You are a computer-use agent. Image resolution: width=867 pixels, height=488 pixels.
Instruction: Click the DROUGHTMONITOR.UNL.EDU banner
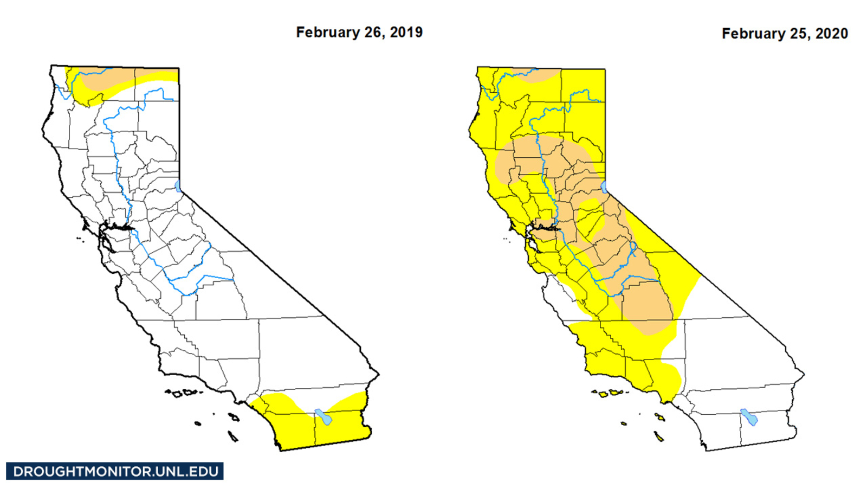point(115,471)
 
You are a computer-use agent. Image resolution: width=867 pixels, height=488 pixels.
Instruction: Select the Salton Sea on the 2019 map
point(323,417)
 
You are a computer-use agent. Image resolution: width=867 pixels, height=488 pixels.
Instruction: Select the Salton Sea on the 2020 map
point(749,417)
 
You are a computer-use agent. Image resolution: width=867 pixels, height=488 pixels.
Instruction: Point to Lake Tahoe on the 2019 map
point(178,187)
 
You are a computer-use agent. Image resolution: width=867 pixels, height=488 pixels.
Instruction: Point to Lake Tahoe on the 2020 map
point(604,188)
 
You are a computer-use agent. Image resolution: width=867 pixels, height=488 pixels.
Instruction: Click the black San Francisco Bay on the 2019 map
point(120,228)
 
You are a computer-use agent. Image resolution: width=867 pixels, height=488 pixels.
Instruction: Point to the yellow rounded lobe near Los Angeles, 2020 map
point(669,377)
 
